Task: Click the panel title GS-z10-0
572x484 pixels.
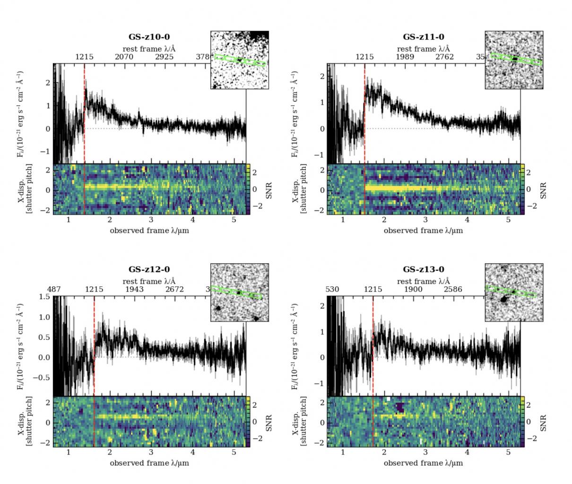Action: coord(149,37)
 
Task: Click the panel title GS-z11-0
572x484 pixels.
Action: coord(423,37)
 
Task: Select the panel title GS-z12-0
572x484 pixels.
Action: coord(149,269)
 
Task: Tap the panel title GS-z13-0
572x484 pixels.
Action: coord(423,269)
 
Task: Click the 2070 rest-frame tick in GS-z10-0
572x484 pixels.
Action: coord(124,57)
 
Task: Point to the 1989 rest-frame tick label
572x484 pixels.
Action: coord(405,57)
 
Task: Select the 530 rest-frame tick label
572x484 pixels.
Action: coord(333,289)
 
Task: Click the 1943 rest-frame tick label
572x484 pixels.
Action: coord(134,289)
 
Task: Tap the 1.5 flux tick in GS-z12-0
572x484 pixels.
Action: coord(44,296)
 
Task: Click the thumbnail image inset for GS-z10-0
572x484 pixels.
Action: coord(240,60)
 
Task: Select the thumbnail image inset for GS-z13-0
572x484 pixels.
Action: coord(514,293)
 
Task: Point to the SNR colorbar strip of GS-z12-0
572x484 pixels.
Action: coord(248,421)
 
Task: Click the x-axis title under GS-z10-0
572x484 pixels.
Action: coord(149,231)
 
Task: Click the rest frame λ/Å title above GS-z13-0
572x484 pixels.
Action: coord(423,281)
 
